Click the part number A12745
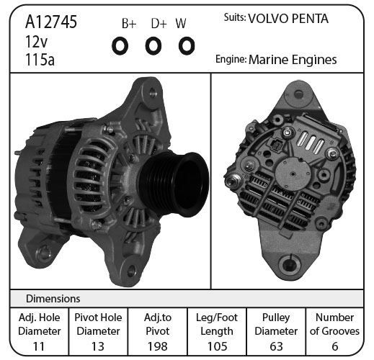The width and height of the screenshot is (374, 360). tap(51, 22)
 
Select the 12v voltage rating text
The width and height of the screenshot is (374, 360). tap(37, 41)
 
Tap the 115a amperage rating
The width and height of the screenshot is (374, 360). tap(40, 60)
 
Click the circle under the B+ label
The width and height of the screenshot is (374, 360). tap(120, 45)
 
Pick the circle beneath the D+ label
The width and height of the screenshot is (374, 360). tap(153, 45)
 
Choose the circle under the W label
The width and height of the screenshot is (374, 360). tap(187, 45)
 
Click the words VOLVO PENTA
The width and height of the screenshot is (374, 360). tap(288, 19)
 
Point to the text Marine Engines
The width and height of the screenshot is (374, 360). tap(293, 60)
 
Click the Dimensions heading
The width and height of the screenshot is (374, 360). tap(53, 299)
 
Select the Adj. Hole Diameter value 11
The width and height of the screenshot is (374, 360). tap(39, 346)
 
